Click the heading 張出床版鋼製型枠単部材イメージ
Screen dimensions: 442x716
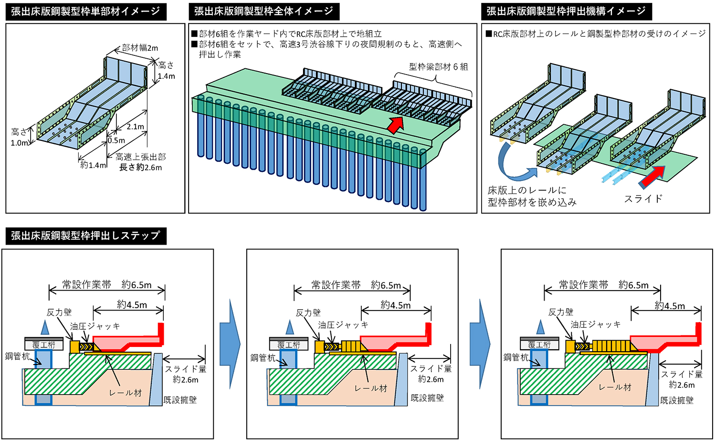point(86,11)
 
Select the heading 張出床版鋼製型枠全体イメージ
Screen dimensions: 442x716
point(263,11)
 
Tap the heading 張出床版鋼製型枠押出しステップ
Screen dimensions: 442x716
point(86,236)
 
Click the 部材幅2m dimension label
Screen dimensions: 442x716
point(140,48)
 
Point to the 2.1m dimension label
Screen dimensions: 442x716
point(136,127)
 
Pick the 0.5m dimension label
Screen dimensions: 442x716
point(116,140)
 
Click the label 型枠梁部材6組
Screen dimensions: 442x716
point(438,67)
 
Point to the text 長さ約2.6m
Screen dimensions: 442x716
point(140,167)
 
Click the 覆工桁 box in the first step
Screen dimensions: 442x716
point(44,345)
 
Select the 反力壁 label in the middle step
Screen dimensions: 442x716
point(308,313)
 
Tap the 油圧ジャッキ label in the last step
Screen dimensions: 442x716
point(596,324)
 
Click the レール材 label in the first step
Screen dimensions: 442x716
point(125,393)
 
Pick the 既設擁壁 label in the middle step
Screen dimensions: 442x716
point(427,398)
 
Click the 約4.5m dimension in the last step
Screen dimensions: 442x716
point(670,306)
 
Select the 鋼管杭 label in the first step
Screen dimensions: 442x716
point(17,356)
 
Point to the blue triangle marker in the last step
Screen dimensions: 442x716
point(540,327)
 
